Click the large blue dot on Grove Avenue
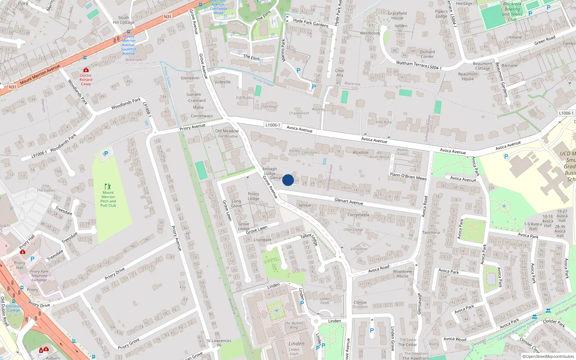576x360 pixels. [288, 180]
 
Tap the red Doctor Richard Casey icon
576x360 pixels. [86, 70]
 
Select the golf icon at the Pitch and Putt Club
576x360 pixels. [108, 186]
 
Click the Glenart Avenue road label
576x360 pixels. [348, 201]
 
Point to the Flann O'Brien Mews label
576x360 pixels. [408, 176]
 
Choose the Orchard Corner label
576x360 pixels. [427, 54]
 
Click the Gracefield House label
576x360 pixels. [397, 15]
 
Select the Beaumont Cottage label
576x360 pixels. [482, 66]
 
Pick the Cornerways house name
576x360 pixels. [202, 116]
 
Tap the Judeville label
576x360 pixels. [223, 82]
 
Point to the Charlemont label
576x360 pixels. [299, 113]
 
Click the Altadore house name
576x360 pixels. [360, 152]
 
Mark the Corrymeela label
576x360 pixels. [358, 215]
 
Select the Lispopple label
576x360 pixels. [262, 240]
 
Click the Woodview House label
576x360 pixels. [402, 274]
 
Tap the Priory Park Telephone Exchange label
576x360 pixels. [39, 276]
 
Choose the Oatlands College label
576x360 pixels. [14, 308]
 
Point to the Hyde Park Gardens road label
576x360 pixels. [311, 23]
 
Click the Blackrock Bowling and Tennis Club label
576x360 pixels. [512, 12]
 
